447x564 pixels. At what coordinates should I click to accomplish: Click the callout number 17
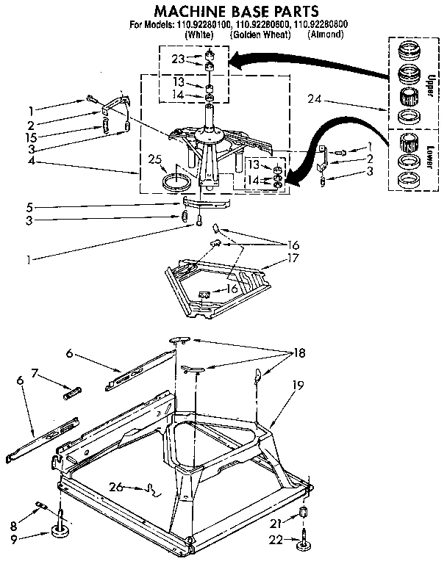[x=294, y=258]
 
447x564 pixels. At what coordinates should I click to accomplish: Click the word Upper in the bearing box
[x=429, y=77]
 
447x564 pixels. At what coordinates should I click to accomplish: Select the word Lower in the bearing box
[x=429, y=156]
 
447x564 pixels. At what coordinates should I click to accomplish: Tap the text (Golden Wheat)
[x=254, y=35]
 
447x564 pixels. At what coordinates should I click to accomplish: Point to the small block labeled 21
[x=302, y=513]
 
